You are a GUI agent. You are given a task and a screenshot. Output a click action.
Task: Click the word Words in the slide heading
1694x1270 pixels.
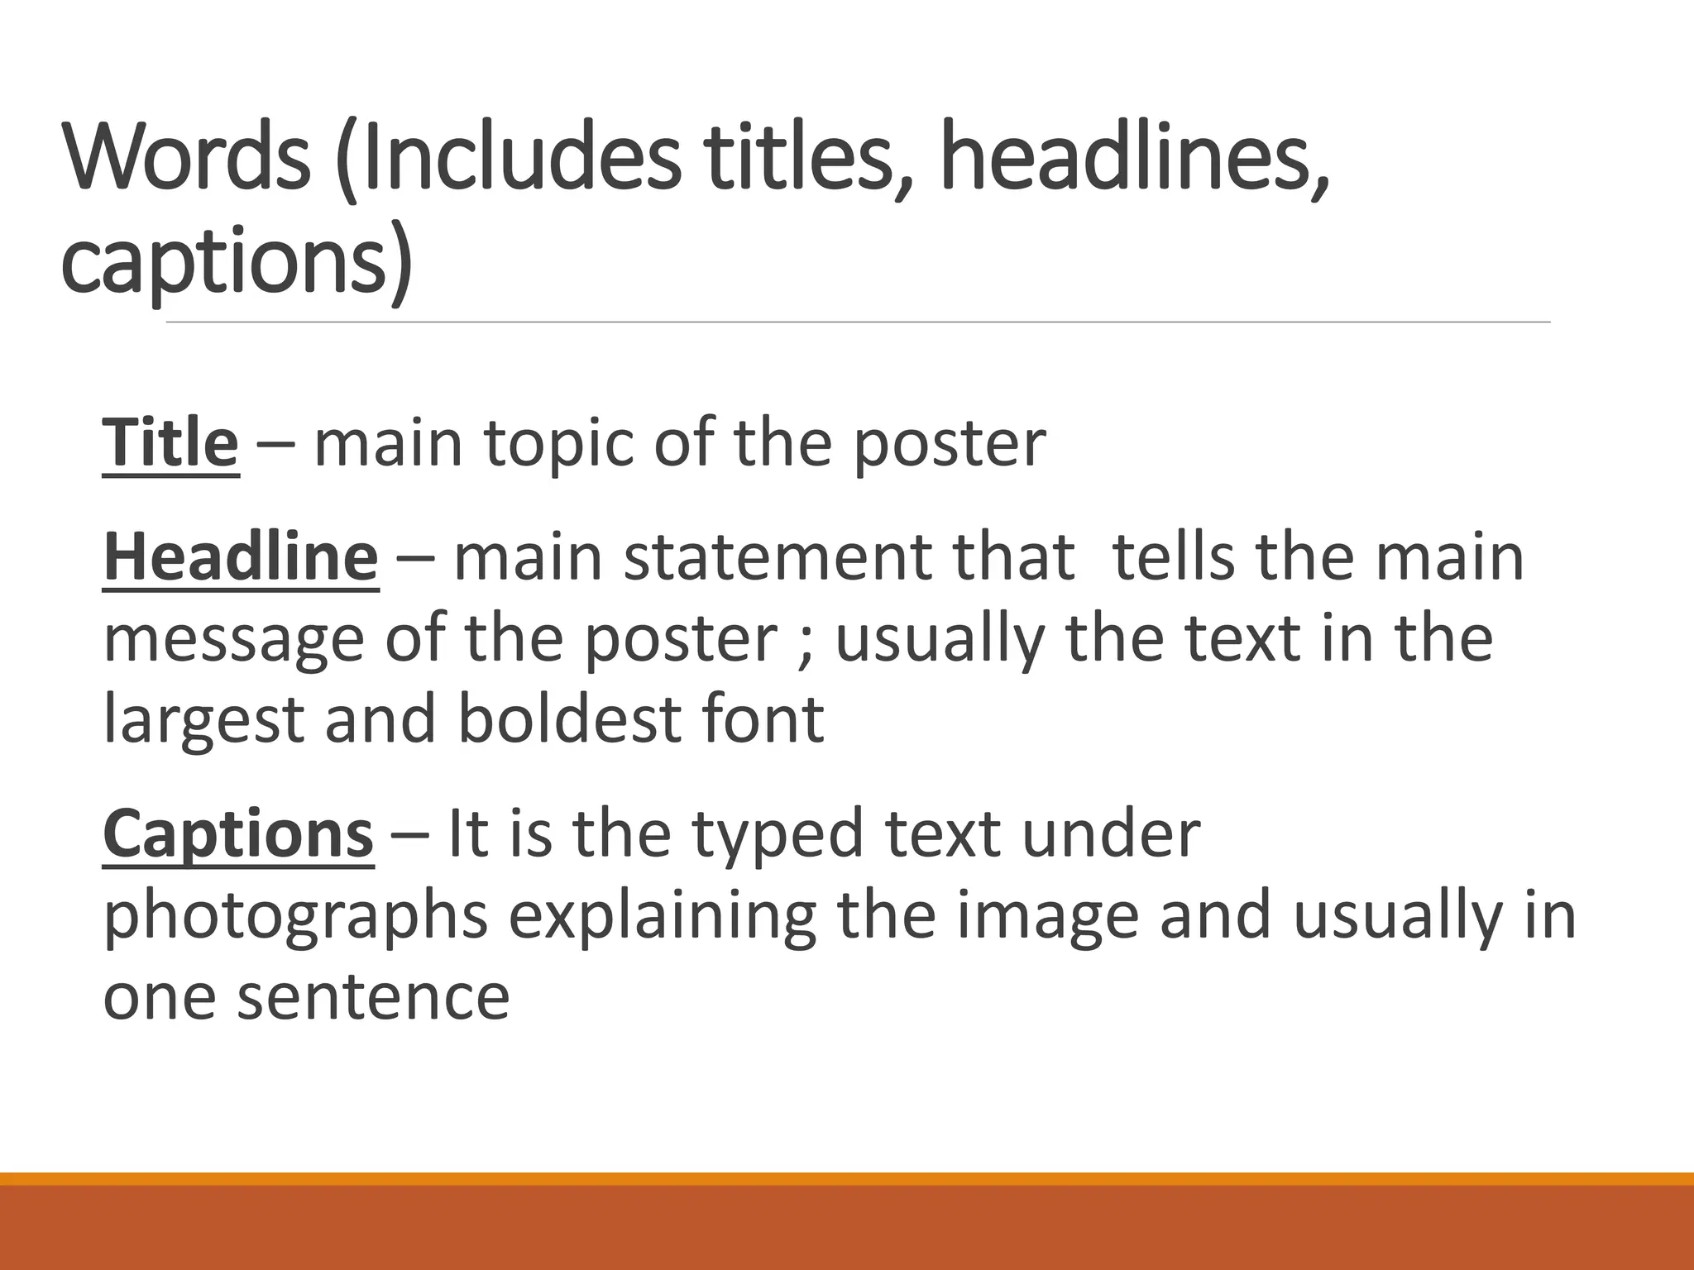coord(187,157)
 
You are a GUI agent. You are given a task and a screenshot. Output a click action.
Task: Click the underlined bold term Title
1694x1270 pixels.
coord(170,444)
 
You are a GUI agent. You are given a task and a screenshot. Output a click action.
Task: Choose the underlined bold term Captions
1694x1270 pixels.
coord(238,834)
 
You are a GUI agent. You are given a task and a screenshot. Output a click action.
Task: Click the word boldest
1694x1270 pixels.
coord(569,719)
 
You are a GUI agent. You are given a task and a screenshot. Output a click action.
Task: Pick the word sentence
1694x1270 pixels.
coord(373,997)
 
